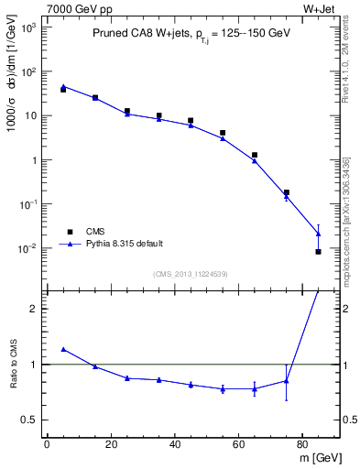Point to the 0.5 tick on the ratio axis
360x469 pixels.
tap(29, 420)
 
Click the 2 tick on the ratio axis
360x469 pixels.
tap(33, 309)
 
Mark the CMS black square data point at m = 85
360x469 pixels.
tap(319, 251)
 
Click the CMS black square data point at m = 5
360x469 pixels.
tap(62, 90)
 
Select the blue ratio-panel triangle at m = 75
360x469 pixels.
tap(287, 381)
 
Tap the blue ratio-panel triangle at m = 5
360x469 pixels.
tap(62, 349)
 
